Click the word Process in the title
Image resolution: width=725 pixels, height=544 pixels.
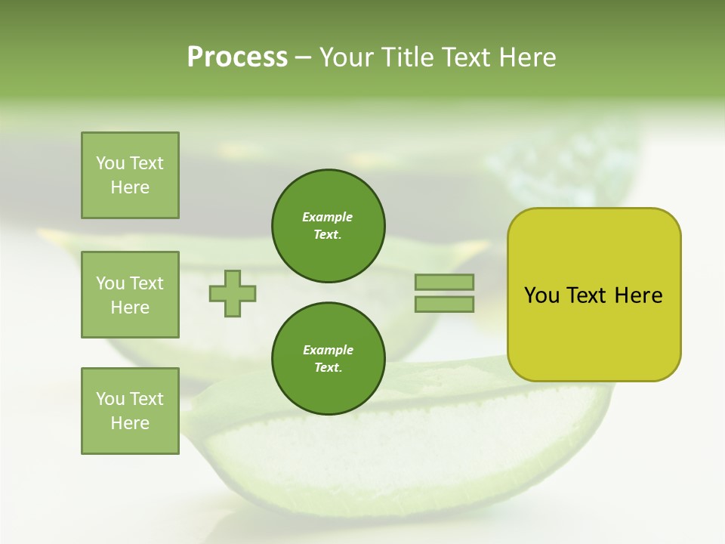click(x=237, y=57)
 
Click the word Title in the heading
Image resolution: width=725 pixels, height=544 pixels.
click(x=406, y=57)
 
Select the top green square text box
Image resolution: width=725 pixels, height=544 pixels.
click(x=130, y=175)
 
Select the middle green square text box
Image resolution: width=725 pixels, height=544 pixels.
click(x=130, y=295)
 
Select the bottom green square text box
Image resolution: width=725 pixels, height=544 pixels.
click(x=130, y=411)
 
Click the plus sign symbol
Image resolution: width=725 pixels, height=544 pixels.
click(x=233, y=293)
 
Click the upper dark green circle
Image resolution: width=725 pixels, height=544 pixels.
click(x=328, y=225)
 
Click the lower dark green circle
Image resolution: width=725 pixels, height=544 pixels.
click(x=328, y=358)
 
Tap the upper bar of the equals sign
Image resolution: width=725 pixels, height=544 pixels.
click(x=445, y=282)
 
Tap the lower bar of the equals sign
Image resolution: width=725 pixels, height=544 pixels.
click(x=445, y=304)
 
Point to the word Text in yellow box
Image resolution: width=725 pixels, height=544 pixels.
click(x=587, y=295)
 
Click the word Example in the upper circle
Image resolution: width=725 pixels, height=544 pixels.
click(x=328, y=217)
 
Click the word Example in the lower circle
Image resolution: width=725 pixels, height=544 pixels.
click(x=328, y=350)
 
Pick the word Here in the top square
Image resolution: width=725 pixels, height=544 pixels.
click(x=130, y=187)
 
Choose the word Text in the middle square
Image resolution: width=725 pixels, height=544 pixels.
click(x=146, y=283)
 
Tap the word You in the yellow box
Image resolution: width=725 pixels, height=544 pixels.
click(x=541, y=295)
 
